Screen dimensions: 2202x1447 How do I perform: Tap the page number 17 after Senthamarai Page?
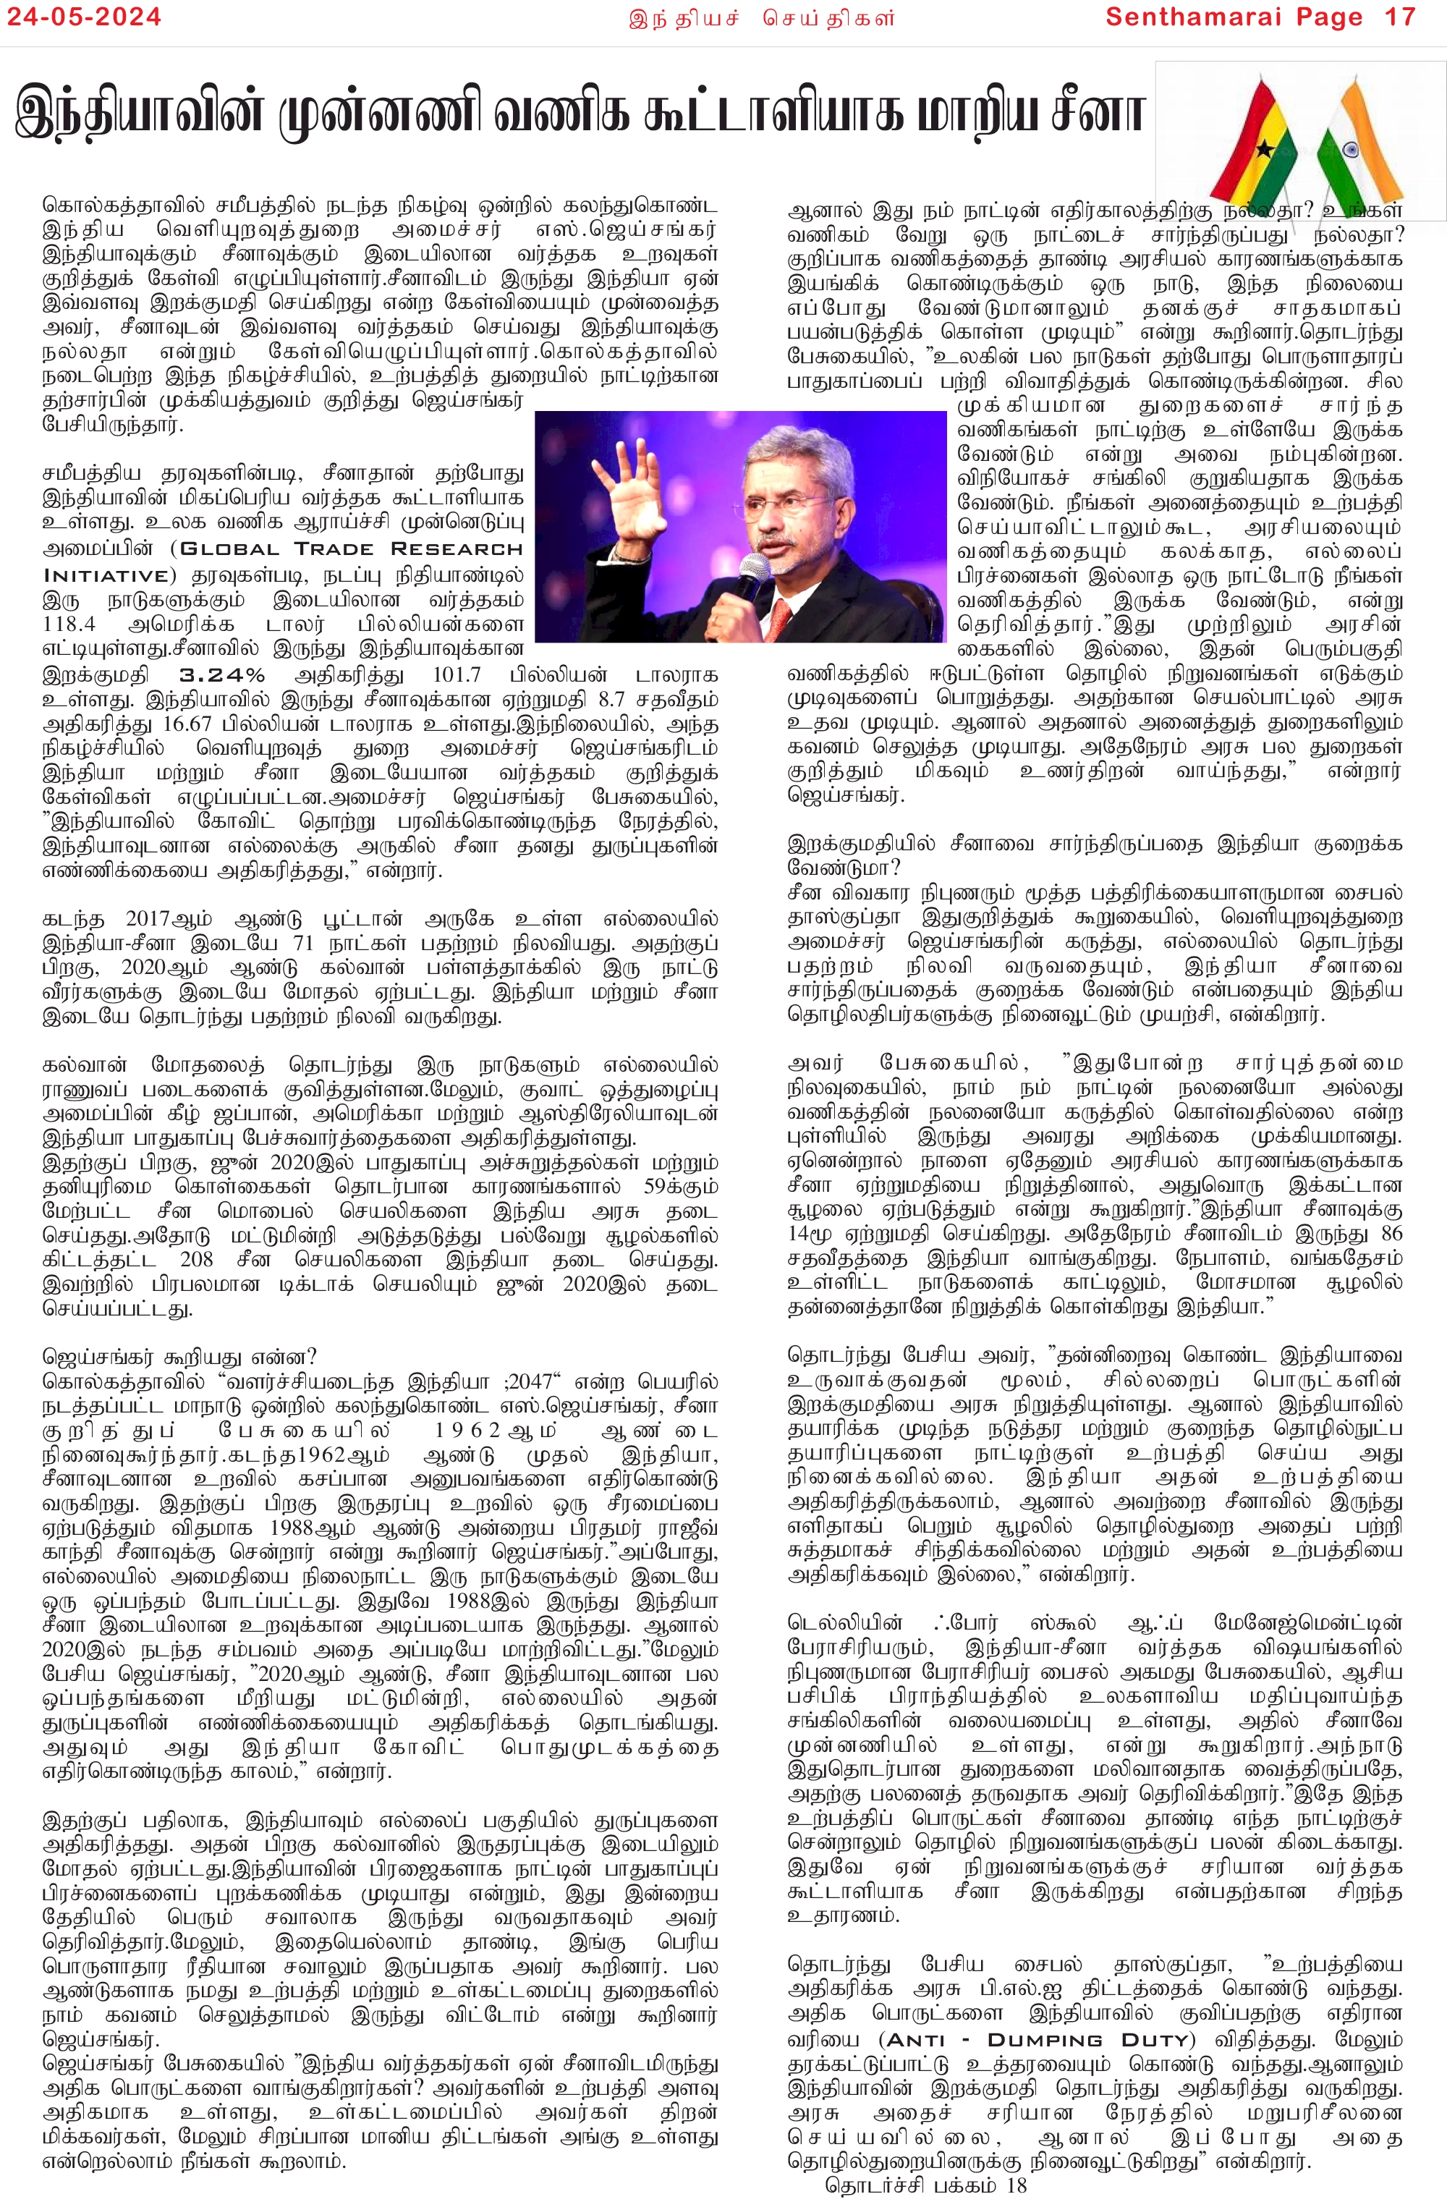(x=1400, y=17)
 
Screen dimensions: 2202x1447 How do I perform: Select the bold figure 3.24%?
(x=222, y=674)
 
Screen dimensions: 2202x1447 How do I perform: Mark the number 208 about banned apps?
(x=196, y=1259)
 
